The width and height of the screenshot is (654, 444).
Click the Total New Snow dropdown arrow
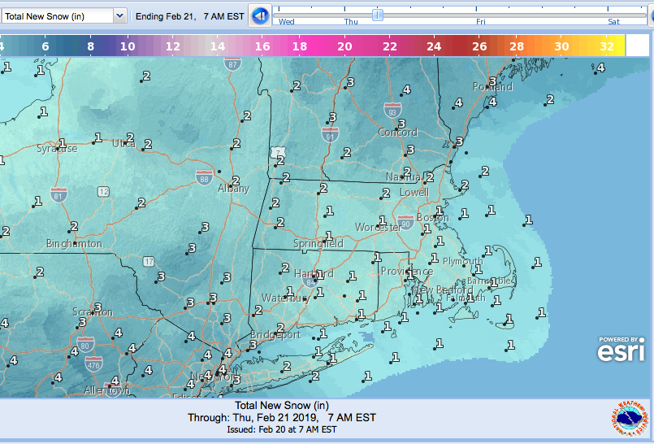coord(119,15)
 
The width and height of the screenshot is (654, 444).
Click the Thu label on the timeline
coord(350,22)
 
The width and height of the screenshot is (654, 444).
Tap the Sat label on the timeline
coord(614,22)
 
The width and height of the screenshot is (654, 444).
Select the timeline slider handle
coord(377,14)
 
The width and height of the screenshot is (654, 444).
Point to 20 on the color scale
coord(344,46)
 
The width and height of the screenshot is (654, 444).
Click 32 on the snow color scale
coord(607,46)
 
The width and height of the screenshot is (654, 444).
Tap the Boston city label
coord(432,218)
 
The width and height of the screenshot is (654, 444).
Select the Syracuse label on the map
coord(57,149)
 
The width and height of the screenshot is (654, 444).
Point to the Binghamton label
coord(74,244)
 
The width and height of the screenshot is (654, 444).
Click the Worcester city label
coord(378,228)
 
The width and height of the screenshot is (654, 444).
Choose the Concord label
coord(397,133)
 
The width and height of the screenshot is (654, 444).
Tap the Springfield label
coord(319,244)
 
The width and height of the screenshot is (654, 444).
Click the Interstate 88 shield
coord(204,175)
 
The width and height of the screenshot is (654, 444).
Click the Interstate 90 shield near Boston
coord(405,222)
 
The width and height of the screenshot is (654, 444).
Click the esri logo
coord(622,350)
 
